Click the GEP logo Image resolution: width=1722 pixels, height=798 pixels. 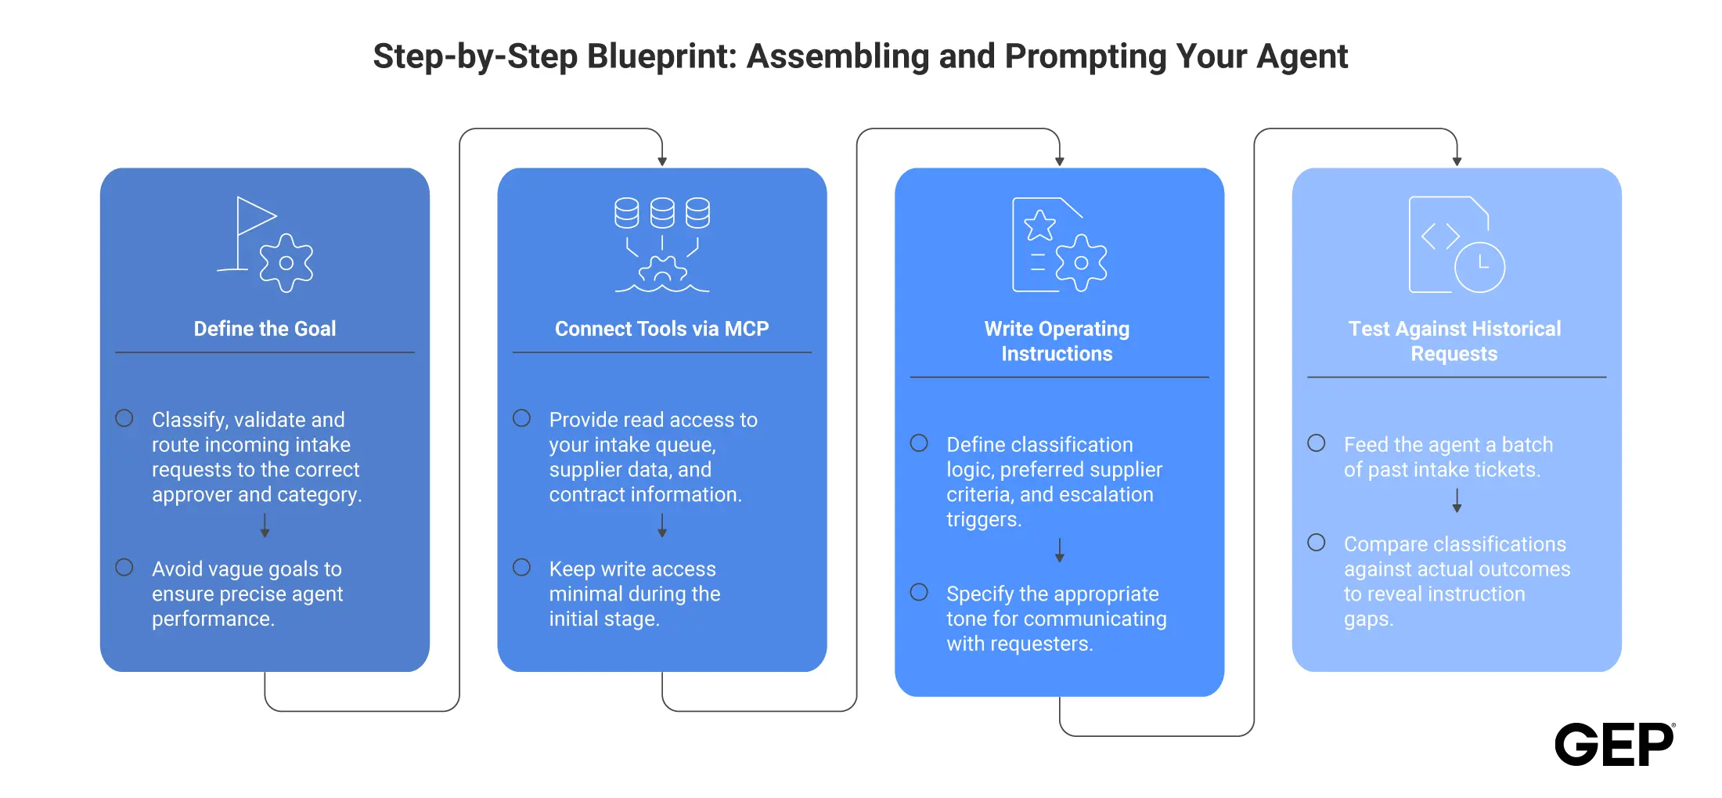pos(1614,744)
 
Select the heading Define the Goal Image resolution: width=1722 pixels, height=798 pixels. pos(265,329)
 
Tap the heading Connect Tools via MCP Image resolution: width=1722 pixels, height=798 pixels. pos(662,329)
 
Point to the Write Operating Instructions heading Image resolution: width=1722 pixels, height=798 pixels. pos(1057,341)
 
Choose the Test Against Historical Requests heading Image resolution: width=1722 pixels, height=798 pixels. pos(1454,341)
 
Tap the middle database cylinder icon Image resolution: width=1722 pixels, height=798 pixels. pos(662,212)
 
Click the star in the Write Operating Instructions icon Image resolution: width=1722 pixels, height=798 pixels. pos(1040,226)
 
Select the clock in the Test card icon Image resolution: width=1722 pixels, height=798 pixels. pos(1479,267)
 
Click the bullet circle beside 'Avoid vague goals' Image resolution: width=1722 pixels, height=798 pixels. pos(124,567)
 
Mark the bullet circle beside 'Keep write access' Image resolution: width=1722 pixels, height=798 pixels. pos(522,567)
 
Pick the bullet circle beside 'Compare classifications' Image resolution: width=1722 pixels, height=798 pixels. pos(1317,542)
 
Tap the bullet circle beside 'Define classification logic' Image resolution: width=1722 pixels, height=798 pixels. pos(919,442)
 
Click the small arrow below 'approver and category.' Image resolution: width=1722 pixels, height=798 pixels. pos(265,525)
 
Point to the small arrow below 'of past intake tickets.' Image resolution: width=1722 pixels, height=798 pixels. pos(1457,500)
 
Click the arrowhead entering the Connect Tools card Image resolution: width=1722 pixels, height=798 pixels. pos(662,161)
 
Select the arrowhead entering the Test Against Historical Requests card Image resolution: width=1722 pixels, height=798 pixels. pos(1457,161)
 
